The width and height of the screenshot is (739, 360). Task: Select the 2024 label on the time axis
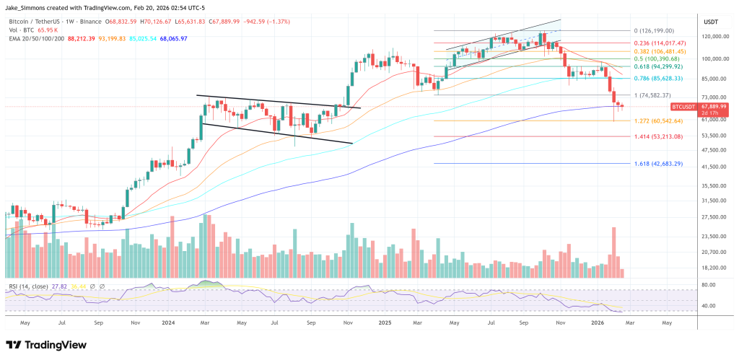point(169,324)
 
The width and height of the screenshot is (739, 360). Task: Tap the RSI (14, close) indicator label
point(29,286)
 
